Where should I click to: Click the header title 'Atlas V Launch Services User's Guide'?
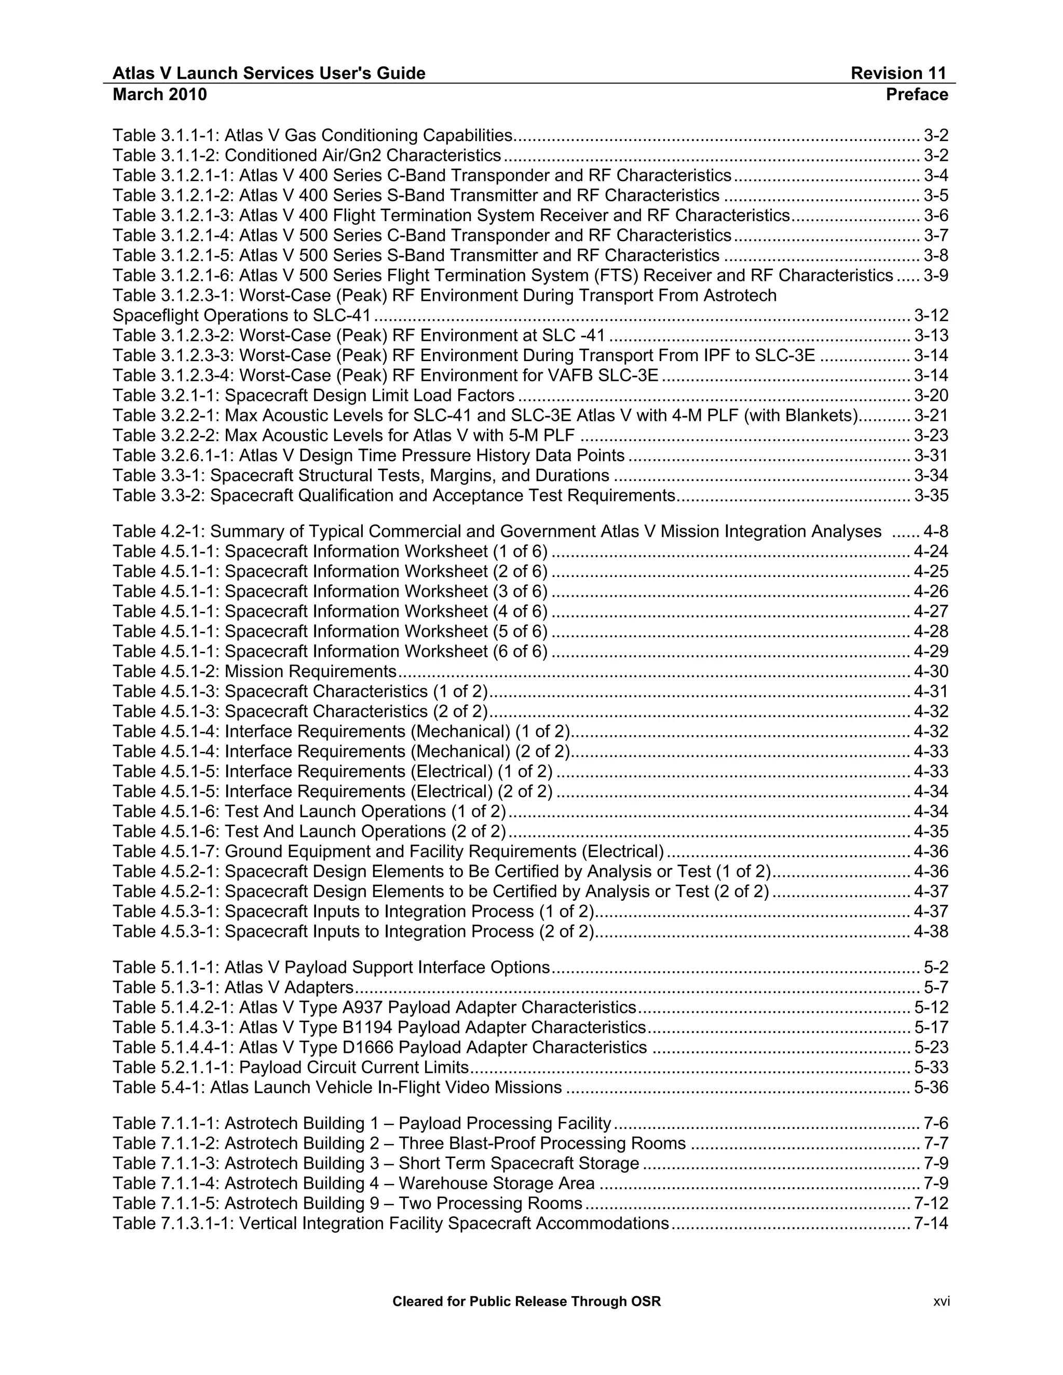coord(269,74)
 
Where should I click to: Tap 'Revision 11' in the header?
coord(898,74)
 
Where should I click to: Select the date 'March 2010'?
coord(159,94)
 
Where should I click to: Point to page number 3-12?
coord(931,315)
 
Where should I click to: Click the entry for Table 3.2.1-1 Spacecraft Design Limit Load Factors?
coord(314,395)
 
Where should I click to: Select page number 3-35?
coord(931,496)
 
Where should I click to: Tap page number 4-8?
coord(935,532)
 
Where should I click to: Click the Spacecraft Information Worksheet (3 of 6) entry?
coord(330,592)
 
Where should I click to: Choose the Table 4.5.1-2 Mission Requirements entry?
coord(254,672)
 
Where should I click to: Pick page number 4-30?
coord(931,672)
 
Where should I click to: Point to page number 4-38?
coord(931,932)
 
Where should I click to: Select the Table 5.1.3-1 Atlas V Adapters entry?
coord(233,988)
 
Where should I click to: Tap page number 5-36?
coord(931,1088)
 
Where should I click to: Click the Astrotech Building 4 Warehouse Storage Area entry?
coord(353,1184)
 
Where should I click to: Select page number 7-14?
coord(931,1224)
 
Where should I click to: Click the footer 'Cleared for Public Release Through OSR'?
coord(526,1301)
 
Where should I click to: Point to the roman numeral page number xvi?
coord(942,1301)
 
